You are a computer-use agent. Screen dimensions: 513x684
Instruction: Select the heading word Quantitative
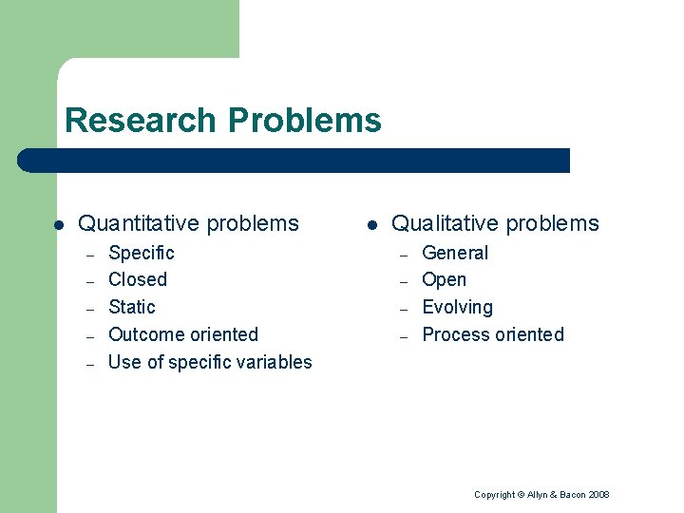tap(139, 224)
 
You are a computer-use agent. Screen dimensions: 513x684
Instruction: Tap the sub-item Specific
tap(142, 253)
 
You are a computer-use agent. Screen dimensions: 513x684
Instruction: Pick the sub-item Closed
tap(138, 279)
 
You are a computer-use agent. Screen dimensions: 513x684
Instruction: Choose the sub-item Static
tap(132, 307)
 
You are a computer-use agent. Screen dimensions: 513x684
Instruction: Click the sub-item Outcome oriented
tap(183, 334)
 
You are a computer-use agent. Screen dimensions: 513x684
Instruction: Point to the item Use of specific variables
tap(210, 362)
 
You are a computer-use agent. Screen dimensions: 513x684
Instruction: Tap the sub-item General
tap(455, 253)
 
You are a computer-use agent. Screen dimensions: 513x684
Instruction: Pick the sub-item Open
tap(444, 279)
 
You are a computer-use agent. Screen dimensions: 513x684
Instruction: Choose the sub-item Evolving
tap(457, 307)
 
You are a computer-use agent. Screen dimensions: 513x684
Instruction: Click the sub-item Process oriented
tap(493, 334)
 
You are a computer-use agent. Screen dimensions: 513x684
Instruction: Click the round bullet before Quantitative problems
tap(59, 225)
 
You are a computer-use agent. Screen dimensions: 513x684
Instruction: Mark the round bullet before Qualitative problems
tap(372, 225)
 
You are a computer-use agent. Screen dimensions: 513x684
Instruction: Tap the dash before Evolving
tap(403, 309)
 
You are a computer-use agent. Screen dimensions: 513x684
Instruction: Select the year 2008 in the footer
tap(598, 495)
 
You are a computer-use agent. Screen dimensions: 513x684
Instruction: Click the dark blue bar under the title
tap(294, 161)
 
